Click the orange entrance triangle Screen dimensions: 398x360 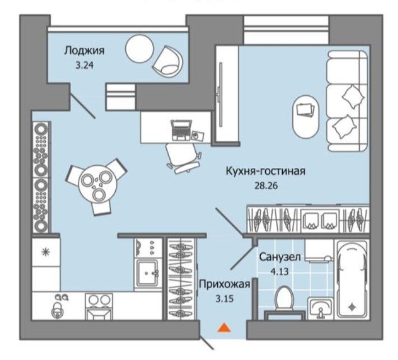(224, 328)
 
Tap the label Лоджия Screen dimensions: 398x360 (84, 51)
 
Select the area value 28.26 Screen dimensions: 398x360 (266, 186)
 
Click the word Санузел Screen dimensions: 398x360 (280, 257)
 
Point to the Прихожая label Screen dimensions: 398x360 (224, 284)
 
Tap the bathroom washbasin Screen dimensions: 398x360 (320, 308)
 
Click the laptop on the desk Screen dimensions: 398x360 (181, 130)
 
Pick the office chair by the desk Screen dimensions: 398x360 (184, 158)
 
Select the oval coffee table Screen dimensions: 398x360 (306, 116)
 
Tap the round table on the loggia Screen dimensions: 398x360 (139, 48)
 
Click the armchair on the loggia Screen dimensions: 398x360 (168, 61)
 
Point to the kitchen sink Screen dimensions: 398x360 (148, 272)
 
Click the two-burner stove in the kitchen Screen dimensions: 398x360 (99, 306)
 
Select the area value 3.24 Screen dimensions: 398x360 (85, 66)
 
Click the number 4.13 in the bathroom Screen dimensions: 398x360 (280, 272)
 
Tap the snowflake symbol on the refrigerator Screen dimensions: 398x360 (46, 251)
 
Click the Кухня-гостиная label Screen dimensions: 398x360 (265, 171)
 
